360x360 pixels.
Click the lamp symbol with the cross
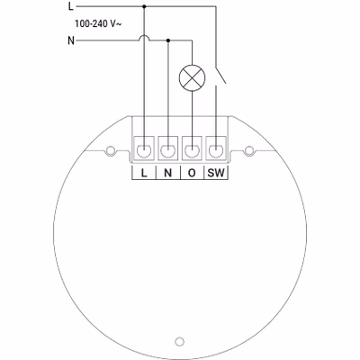coord(192,77)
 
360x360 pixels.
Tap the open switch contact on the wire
coord(220,74)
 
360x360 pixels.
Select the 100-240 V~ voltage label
coord(98,23)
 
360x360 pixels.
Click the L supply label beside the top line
coord(71,6)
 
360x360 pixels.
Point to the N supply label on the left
coord(71,40)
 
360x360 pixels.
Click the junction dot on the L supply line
coord(144,6)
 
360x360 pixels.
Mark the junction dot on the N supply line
coord(168,40)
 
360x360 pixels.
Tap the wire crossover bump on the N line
coord(144,38)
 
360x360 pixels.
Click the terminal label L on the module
coord(144,173)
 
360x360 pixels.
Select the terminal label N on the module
coord(168,173)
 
